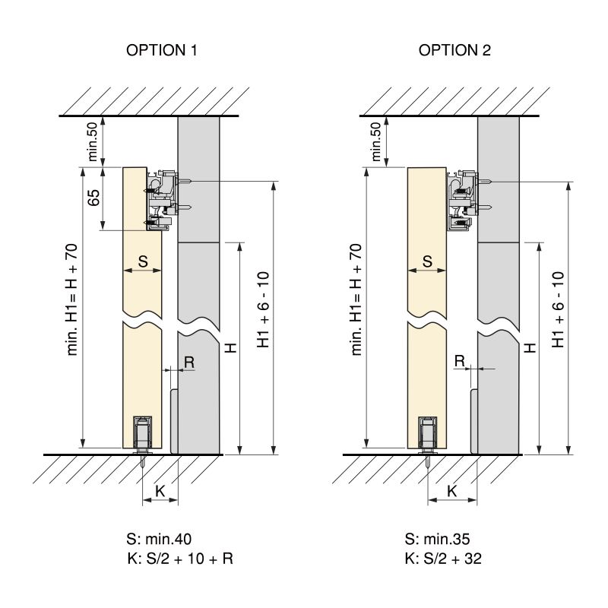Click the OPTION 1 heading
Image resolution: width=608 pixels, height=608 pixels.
click(161, 51)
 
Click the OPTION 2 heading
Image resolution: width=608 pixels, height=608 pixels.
click(454, 51)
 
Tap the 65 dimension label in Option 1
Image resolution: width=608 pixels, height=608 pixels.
click(93, 198)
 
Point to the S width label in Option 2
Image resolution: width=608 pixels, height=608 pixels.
click(426, 261)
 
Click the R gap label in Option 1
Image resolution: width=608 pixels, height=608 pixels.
click(189, 363)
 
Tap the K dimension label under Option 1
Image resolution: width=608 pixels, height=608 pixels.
click(160, 492)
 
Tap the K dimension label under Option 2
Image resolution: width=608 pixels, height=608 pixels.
click(451, 492)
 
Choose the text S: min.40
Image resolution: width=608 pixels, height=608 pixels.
click(159, 540)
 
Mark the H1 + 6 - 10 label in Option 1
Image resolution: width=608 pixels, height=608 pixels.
click(263, 309)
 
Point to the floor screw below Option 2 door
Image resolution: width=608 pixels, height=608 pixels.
click(429, 460)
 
